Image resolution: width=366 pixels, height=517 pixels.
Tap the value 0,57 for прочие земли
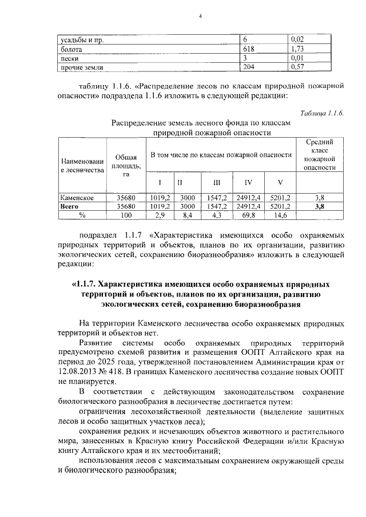tap(297, 68)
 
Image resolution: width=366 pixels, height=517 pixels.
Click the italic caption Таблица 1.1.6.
tap(321, 113)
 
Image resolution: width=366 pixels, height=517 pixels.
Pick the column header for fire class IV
tap(248, 183)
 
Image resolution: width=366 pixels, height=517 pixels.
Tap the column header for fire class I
tap(160, 183)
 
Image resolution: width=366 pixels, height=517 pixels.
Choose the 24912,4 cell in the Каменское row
tap(248, 197)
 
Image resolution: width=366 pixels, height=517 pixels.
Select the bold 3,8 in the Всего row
tap(319, 206)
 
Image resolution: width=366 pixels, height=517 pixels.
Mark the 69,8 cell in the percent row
tap(249, 215)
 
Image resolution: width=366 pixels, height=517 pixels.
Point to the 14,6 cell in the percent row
tap(280, 215)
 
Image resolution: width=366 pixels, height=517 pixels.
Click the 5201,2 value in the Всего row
tap(280, 206)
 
